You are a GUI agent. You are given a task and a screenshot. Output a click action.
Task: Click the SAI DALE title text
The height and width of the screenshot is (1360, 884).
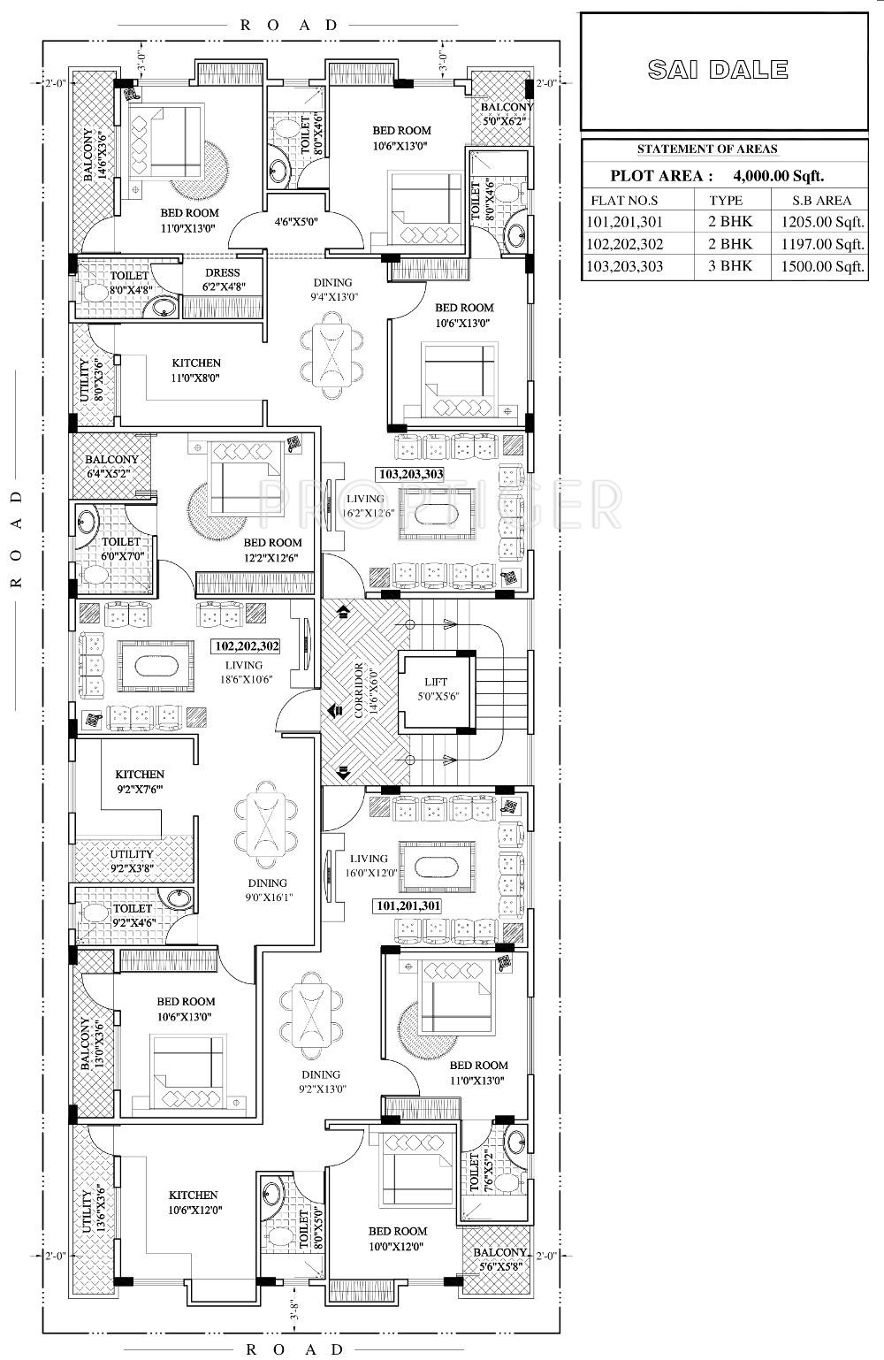718,70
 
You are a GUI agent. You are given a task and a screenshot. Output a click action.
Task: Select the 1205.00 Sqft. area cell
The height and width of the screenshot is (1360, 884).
819,222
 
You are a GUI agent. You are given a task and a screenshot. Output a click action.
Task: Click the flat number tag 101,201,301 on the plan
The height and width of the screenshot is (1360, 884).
408,905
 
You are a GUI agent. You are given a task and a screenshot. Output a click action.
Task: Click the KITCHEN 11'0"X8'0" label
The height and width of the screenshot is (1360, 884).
195,370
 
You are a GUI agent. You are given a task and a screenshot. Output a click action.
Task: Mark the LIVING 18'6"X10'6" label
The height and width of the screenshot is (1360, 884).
243,672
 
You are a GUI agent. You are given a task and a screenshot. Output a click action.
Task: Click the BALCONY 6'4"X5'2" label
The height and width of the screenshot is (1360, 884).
111,466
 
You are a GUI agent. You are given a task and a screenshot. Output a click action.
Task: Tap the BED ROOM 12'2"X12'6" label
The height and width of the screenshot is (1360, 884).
272,549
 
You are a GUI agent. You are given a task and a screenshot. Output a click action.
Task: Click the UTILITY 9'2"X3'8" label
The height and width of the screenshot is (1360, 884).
132,861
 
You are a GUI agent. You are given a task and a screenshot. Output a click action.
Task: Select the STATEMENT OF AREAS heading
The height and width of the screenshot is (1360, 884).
707,149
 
